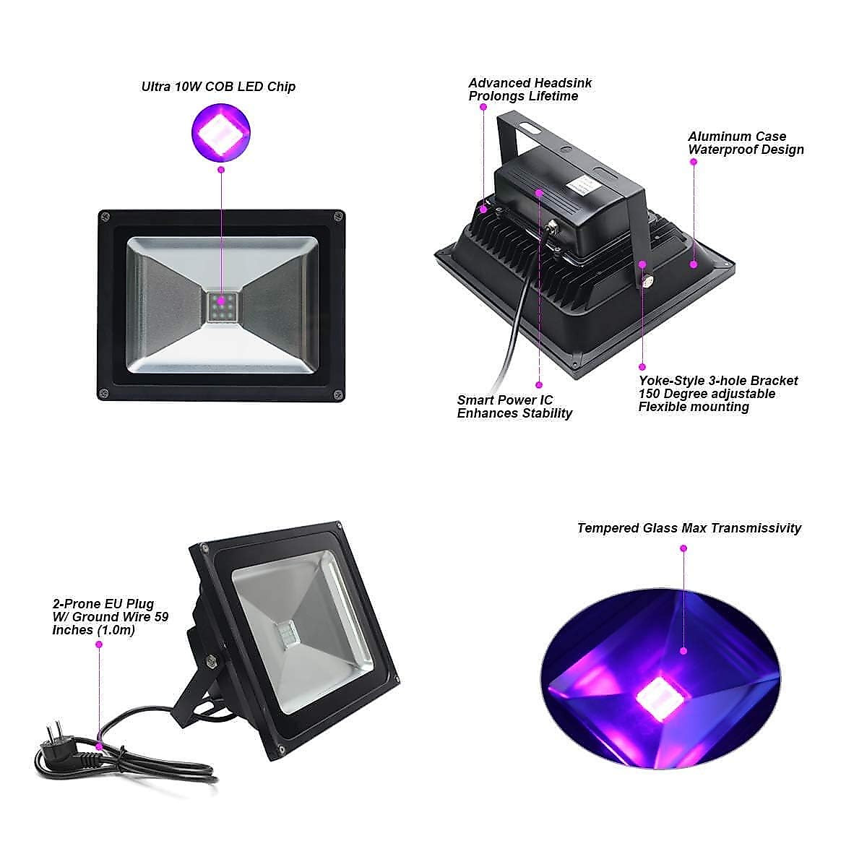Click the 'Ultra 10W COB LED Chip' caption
point(218,87)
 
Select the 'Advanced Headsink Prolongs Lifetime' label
point(530,90)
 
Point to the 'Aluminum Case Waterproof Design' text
point(745,143)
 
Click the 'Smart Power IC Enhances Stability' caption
point(514,407)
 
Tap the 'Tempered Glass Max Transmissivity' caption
point(689,528)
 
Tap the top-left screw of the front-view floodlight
point(105,215)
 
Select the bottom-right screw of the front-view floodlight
point(337,394)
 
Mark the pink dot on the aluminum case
point(693,264)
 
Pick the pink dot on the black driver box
point(539,192)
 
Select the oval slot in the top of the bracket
point(531,127)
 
